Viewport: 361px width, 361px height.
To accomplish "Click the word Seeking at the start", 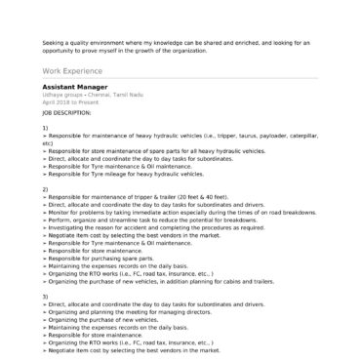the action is coord(54,42).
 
